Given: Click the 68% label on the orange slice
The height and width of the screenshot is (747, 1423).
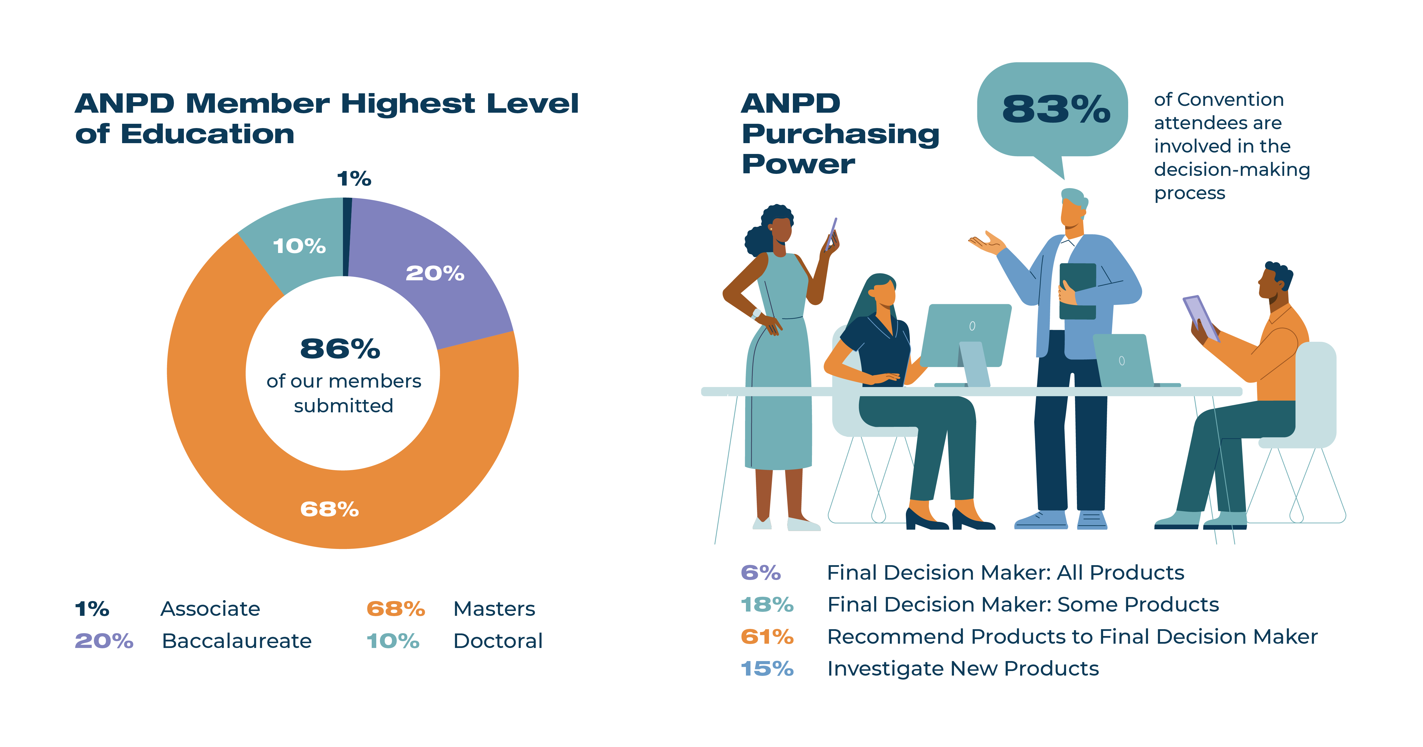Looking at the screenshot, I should pos(329,509).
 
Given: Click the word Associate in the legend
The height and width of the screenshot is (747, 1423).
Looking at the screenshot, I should pos(210,609).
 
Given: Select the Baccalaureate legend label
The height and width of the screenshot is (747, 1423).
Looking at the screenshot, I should pos(237,641).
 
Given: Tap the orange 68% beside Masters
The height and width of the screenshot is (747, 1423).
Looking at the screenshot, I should pos(396,609).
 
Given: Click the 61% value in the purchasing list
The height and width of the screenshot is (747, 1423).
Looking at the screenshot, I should pos(767,637).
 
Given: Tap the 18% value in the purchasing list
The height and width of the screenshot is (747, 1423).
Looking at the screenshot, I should pos(767,605).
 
